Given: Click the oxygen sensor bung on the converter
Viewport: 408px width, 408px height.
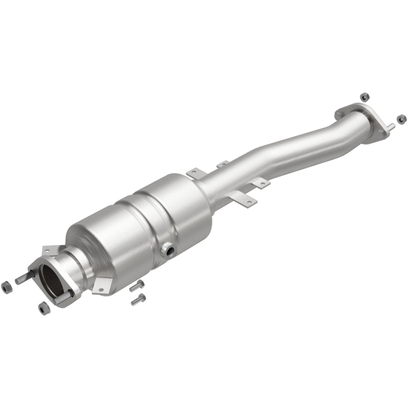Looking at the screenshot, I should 168,250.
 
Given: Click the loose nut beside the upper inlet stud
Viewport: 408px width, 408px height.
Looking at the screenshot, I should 8,287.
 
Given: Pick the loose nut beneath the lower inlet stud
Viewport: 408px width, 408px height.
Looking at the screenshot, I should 43,308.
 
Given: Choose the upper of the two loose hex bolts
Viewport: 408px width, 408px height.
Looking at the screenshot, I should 137,285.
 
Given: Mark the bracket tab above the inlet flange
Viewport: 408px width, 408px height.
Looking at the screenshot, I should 49,249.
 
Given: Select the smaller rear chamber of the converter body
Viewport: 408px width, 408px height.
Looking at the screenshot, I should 173,204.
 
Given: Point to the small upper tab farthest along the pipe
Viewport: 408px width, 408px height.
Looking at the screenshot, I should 222,164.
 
